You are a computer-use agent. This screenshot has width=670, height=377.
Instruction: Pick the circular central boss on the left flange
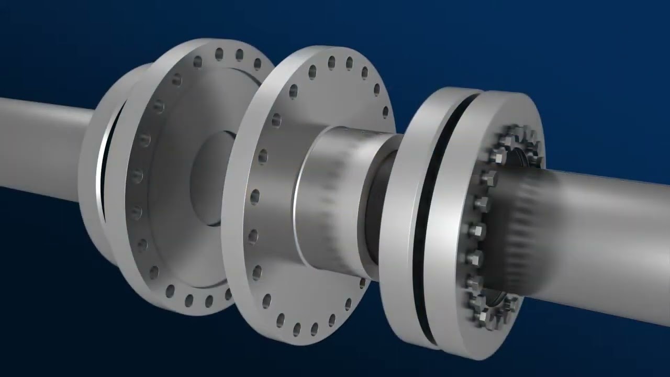pyautogui.click(x=209, y=178)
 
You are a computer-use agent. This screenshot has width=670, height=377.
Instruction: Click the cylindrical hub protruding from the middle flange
pyautogui.click(x=330, y=199)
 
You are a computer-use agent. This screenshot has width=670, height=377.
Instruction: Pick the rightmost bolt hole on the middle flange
pyautogui.click(x=386, y=112)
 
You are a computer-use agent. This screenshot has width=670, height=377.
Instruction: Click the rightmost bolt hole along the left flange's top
pyautogui.click(x=258, y=63)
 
